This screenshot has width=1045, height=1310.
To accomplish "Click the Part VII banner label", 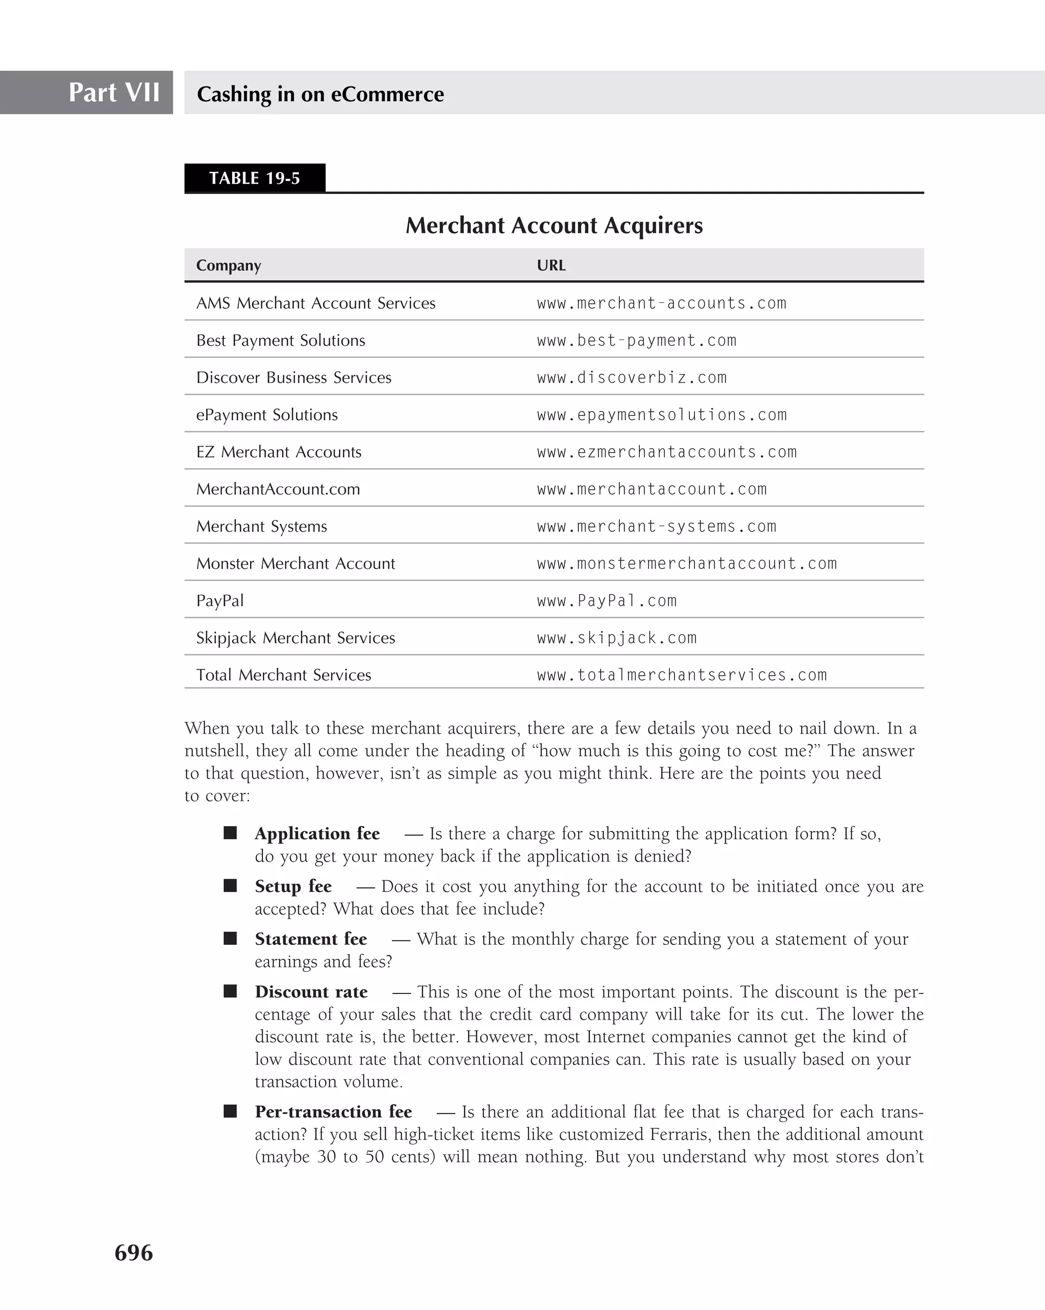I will [x=114, y=92].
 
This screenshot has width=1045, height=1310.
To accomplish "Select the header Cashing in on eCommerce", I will [x=320, y=94].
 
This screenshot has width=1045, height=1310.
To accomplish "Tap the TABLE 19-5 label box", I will [x=255, y=178].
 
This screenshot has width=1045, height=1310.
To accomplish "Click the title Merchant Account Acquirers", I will [x=554, y=226].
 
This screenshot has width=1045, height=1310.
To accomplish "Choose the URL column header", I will [x=551, y=265].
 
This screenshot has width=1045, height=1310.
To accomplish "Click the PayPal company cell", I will [x=220, y=601].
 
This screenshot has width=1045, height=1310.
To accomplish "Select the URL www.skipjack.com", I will [x=616, y=638].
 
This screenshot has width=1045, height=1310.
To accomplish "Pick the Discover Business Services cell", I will [x=293, y=377].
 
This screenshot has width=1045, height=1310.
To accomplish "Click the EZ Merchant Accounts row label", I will [x=279, y=452].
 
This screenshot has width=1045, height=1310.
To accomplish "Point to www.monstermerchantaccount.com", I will [x=687, y=564].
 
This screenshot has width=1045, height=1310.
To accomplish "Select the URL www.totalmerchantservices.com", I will [x=681, y=675].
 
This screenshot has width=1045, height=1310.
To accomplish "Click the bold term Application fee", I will [x=317, y=834].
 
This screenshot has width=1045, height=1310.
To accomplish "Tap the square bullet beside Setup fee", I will [x=230, y=886].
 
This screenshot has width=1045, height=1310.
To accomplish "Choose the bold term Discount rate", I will [x=311, y=992].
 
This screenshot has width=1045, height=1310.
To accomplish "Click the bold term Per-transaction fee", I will [x=333, y=1112].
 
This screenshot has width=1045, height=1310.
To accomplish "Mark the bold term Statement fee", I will [x=311, y=939].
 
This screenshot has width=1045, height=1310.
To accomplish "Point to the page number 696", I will [x=134, y=1253].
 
